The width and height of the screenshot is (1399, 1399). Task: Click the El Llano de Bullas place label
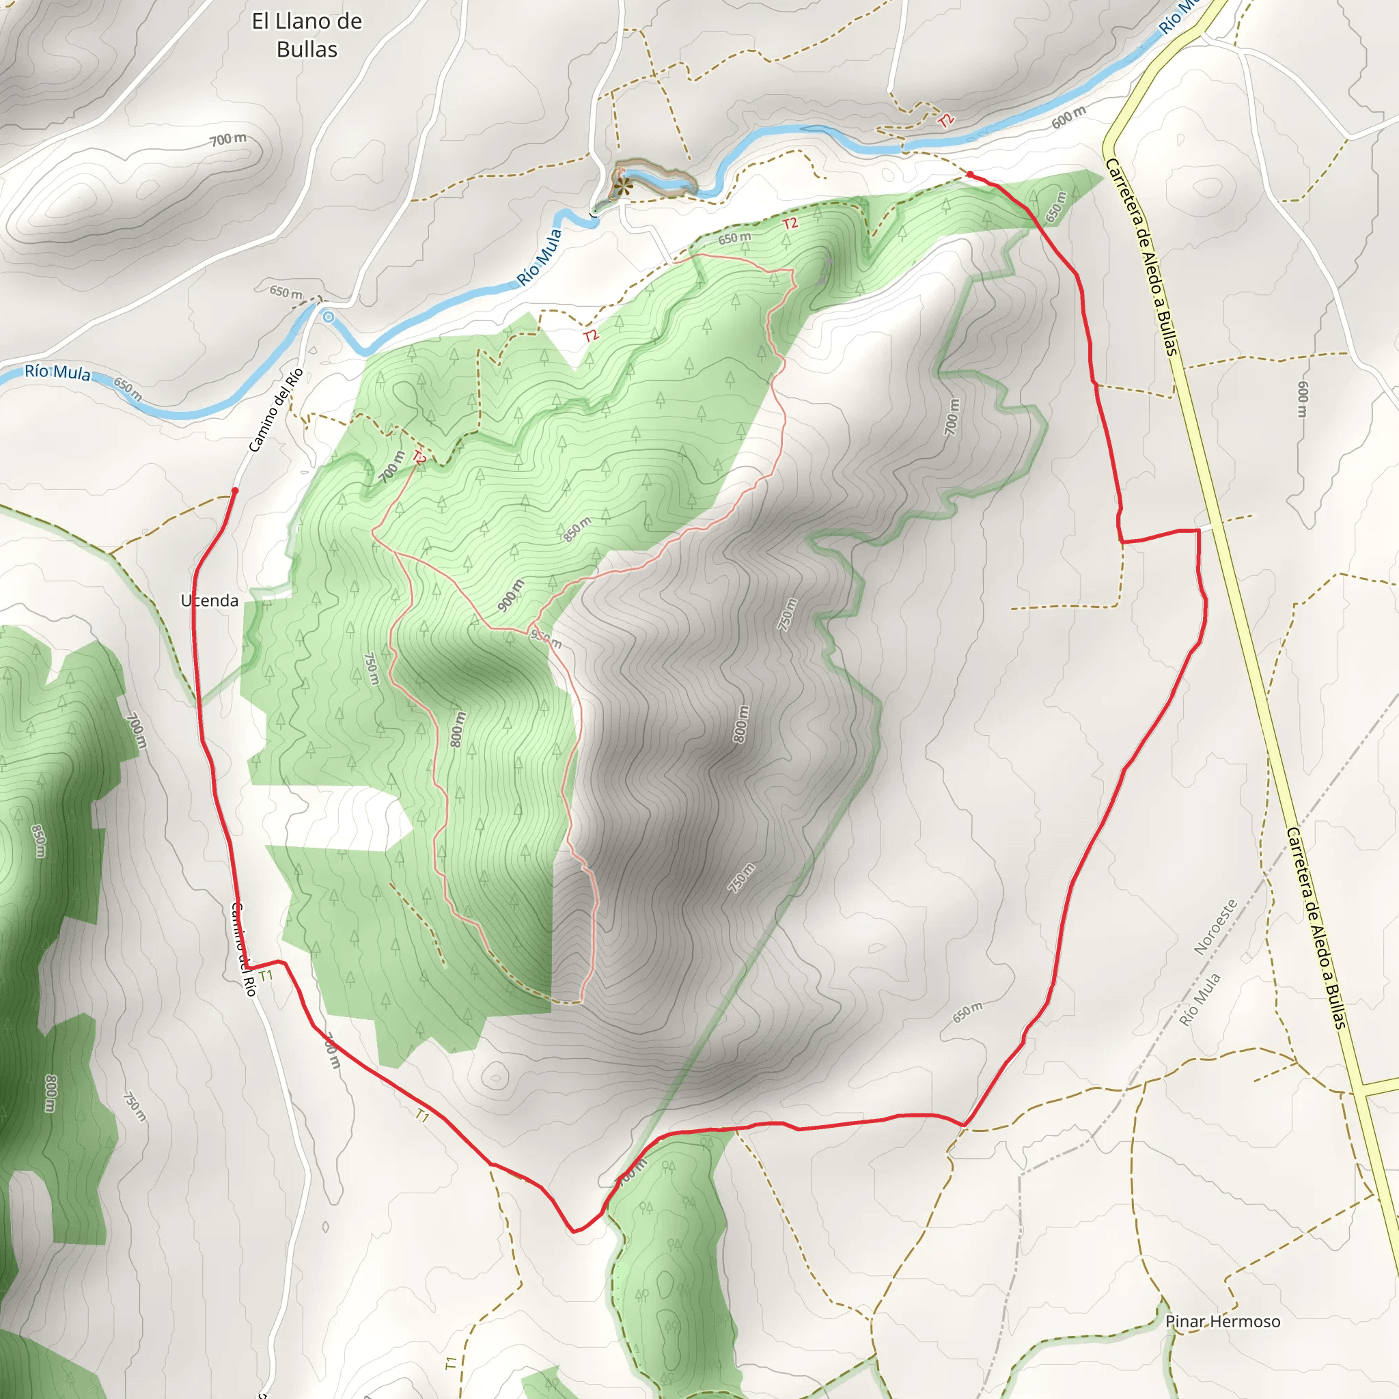tap(306, 36)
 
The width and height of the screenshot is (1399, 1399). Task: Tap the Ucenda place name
tap(209, 600)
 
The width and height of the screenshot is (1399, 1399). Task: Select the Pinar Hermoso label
tap(1222, 1322)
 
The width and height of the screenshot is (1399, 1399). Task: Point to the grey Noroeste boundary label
tap(1215, 927)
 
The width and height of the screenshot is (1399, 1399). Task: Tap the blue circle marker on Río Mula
tap(329, 317)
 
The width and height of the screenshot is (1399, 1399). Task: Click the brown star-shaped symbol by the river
tap(620, 186)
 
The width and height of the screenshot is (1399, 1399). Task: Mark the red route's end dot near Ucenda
tap(234, 491)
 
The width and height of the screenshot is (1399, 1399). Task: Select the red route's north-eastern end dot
tap(969, 174)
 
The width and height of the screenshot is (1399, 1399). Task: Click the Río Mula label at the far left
tap(57, 372)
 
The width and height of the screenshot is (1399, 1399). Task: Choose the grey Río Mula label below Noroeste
tap(1199, 1000)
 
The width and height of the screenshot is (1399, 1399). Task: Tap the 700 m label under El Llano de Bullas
tap(228, 139)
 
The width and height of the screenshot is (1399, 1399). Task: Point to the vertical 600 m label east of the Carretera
tap(1303, 399)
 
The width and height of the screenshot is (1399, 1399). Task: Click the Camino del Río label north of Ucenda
tap(275, 411)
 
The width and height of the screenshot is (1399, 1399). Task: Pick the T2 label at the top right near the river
tap(945, 120)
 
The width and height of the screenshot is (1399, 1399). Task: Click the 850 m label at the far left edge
tap(38, 841)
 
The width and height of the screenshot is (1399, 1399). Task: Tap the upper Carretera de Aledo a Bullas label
tap(1141, 256)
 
